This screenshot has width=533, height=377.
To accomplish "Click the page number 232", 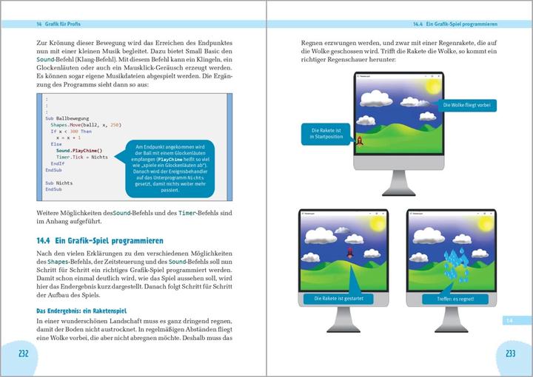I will [23, 353].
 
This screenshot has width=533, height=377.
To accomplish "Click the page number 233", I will [510, 353].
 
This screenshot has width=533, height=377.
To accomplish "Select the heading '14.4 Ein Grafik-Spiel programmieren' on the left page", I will [100, 241].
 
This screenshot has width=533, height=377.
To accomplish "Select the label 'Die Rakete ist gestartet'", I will [337, 299].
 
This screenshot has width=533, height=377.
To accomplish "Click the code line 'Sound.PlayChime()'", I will [79, 150].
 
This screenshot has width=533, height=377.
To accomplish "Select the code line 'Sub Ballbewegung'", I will [67, 118].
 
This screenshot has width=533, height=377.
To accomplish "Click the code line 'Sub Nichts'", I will [58, 182].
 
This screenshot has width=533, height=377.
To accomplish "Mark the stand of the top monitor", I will [398, 182].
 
